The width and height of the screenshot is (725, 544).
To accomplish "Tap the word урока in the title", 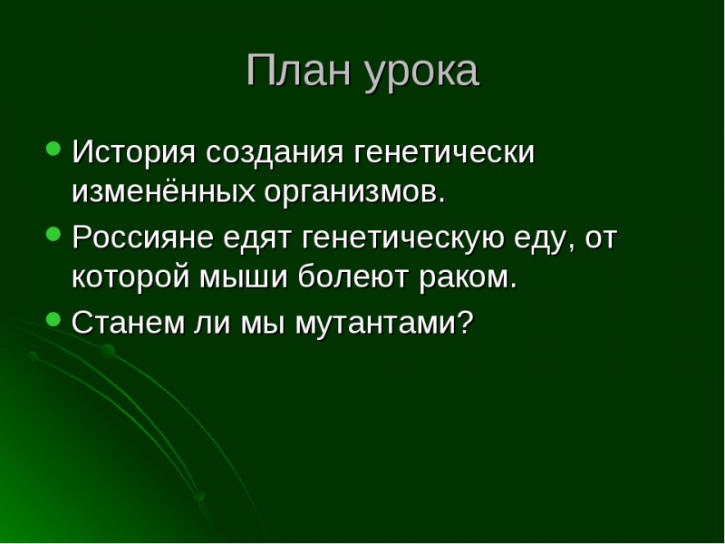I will [421, 73].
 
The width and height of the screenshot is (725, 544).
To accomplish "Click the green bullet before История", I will [53, 148].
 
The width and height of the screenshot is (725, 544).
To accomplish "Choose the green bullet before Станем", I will [53, 319].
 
